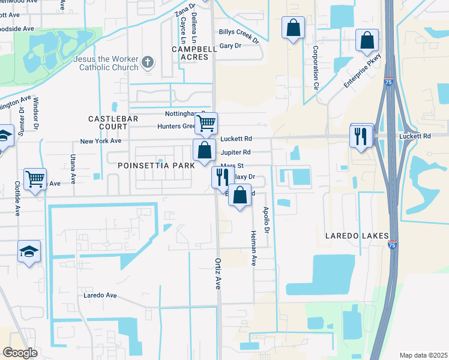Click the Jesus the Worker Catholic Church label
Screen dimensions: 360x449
(x=106, y=64)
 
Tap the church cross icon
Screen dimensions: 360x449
(x=148, y=62)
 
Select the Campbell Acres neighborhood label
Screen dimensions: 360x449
(x=190, y=53)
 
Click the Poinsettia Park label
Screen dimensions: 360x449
(x=157, y=165)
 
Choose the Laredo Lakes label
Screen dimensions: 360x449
(x=358, y=236)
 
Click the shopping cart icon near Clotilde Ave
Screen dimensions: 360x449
(x=35, y=178)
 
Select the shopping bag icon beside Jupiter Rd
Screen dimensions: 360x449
(x=204, y=150)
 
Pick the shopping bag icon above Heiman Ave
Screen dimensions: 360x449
(x=240, y=196)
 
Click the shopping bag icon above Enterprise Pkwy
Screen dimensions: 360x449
(x=367, y=40)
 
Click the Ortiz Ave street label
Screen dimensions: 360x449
(x=218, y=274)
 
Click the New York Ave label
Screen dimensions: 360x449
(x=101, y=141)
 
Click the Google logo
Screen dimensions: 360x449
(x=20, y=353)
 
